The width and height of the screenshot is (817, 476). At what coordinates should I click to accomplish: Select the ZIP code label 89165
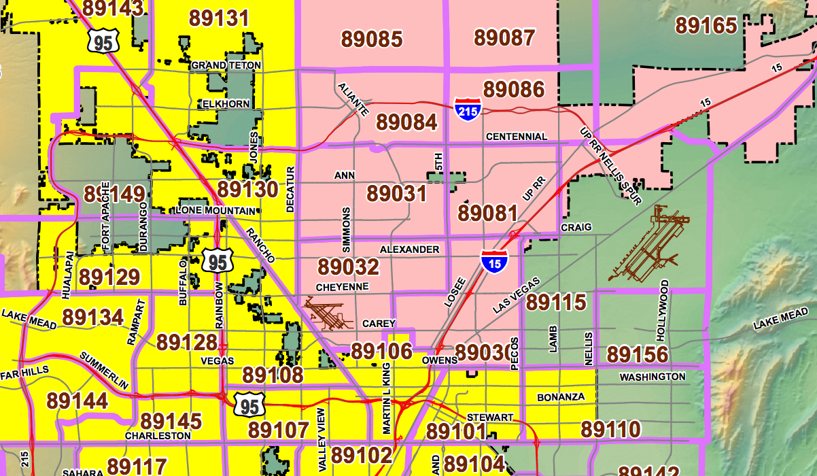tap(706, 26)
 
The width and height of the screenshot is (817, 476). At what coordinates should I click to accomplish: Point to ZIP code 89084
tap(406, 122)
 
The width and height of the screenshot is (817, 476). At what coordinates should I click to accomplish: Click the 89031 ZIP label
tap(397, 193)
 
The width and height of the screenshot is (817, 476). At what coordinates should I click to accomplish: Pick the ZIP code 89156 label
tap(638, 354)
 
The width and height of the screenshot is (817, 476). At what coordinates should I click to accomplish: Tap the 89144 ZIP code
tap(77, 401)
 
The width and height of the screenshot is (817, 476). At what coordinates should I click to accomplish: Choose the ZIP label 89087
tap(504, 37)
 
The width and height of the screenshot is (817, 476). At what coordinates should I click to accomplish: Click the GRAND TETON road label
tap(226, 65)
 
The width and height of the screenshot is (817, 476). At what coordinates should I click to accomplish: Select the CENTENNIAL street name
tap(517, 137)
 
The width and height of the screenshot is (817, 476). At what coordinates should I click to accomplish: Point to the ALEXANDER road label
tap(409, 250)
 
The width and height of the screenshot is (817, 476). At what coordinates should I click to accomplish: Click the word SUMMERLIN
tap(103, 371)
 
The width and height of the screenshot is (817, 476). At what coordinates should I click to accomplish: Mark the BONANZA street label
tap(561, 396)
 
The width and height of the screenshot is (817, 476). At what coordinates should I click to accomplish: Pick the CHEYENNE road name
tap(343, 287)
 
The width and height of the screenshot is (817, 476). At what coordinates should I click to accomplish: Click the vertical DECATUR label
tap(290, 189)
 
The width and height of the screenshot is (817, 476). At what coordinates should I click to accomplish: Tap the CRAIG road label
tap(576, 226)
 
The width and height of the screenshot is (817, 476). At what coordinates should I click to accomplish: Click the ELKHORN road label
tap(226, 104)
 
